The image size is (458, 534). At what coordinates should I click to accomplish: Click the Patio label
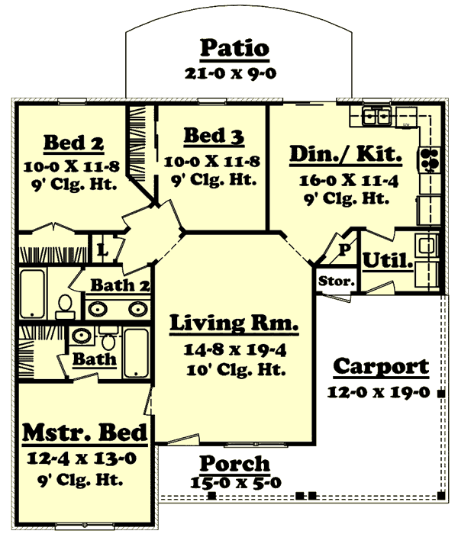pyautogui.click(x=234, y=49)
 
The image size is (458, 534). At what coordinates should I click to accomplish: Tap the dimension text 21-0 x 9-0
pyautogui.click(x=234, y=74)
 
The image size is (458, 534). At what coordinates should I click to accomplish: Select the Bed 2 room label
pyautogui.click(x=73, y=143)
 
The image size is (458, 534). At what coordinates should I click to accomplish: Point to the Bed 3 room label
pyautogui.click(x=214, y=136)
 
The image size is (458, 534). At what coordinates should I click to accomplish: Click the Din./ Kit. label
pyautogui.click(x=345, y=155)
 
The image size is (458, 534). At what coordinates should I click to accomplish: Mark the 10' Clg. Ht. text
pyautogui.click(x=234, y=370)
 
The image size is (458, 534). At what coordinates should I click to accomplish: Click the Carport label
pyautogui.click(x=381, y=367)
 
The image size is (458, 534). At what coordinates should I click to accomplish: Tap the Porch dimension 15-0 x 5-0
pyautogui.click(x=235, y=482)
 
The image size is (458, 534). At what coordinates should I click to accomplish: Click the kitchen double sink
pyautogui.click(x=376, y=117)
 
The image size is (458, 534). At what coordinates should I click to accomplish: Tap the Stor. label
pyautogui.click(x=337, y=281)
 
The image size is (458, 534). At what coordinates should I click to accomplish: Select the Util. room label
pyautogui.click(x=388, y=260)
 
